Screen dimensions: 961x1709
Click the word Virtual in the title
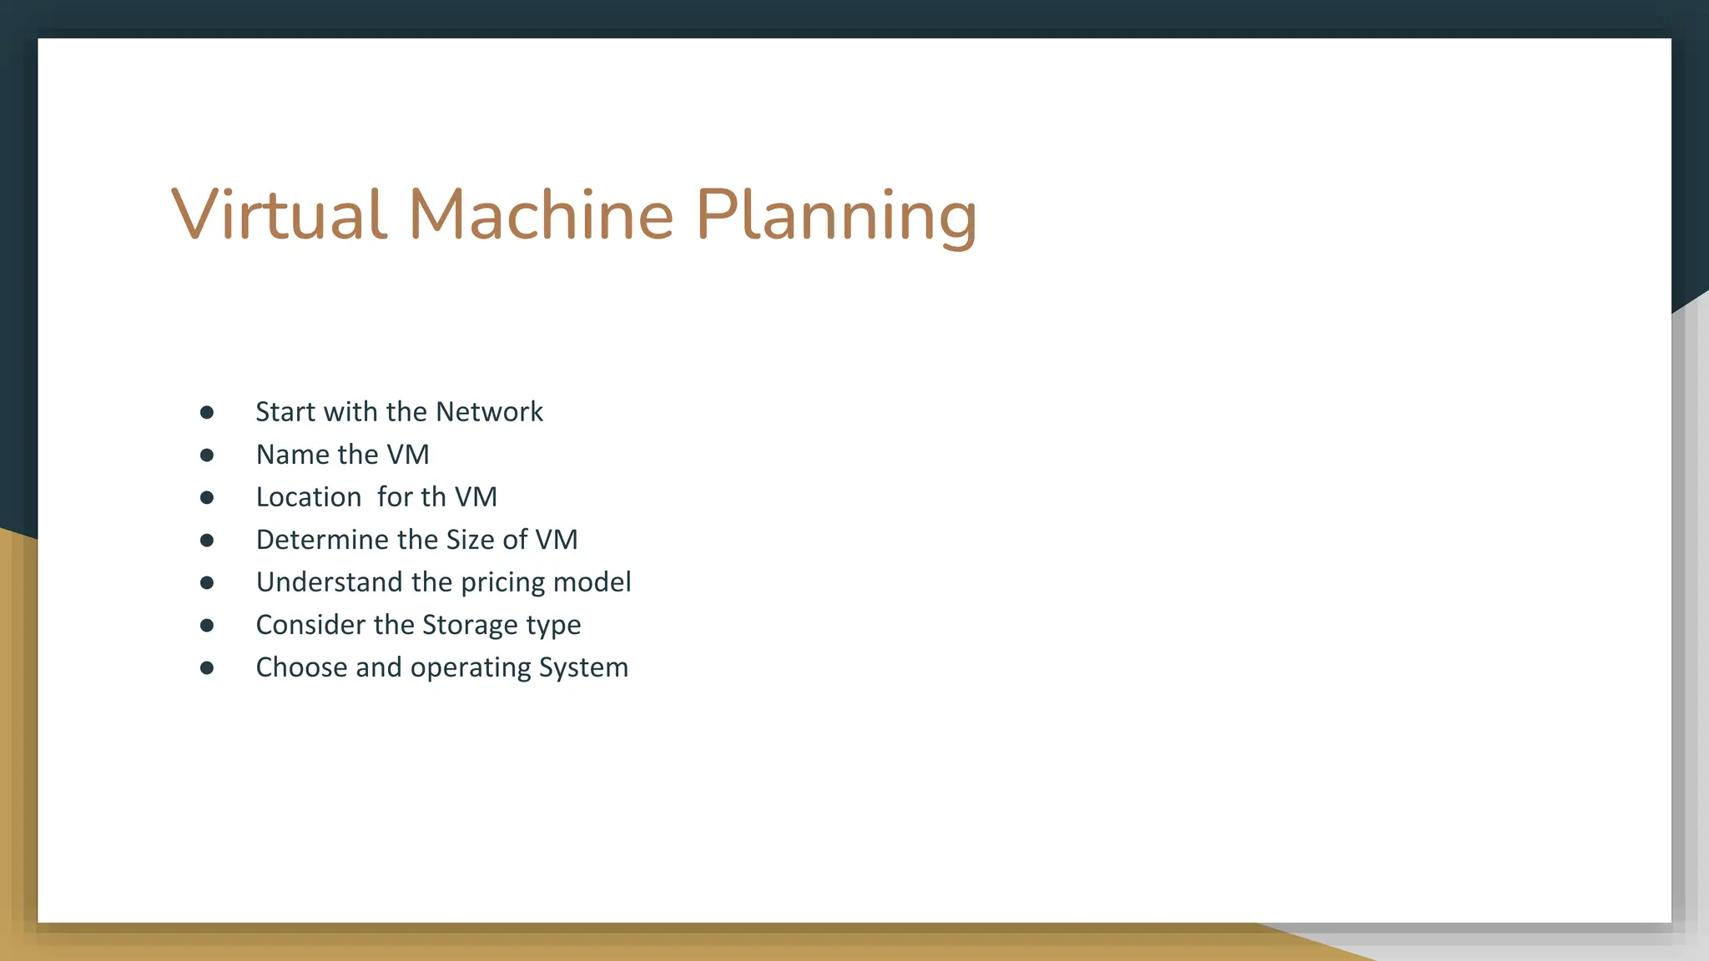click(x=280, y=214)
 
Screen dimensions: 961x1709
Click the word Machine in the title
click(x=541, y=214)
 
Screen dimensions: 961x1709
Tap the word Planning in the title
click(x=835, y=217)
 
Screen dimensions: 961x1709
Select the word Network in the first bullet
click(x=489, y=412)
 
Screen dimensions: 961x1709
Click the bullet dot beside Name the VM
click(x=207, y=455)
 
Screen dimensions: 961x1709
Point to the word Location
click(x=308, y=497)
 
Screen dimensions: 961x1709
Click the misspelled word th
click(x=433, y=497)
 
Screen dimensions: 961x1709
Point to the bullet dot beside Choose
click(x=207, y=667)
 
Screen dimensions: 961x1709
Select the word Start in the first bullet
click(x=285, y=412)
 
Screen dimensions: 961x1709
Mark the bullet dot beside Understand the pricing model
click(x=207, y=582)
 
